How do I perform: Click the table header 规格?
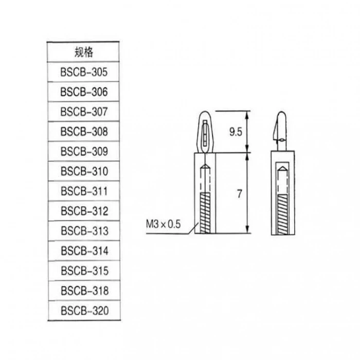click(84, 52)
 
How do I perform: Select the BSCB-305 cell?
click(84, 72)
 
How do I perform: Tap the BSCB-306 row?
click(84, 92)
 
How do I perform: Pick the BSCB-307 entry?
click(84, 112)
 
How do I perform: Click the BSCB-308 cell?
click(84, 132)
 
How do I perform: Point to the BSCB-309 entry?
click(84, 152)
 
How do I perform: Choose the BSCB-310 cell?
click(84, 171)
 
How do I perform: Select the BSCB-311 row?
click(84, 191)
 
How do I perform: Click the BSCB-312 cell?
click(84, 211)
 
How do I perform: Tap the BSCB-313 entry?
click(84, 231)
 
